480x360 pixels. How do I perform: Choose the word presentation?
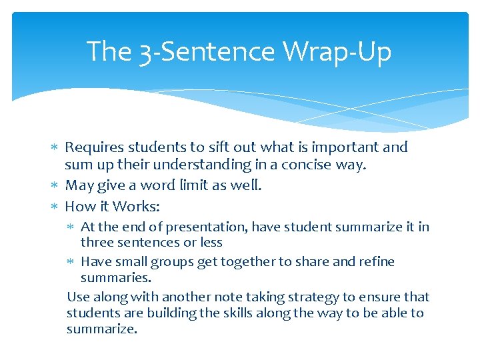209,227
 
